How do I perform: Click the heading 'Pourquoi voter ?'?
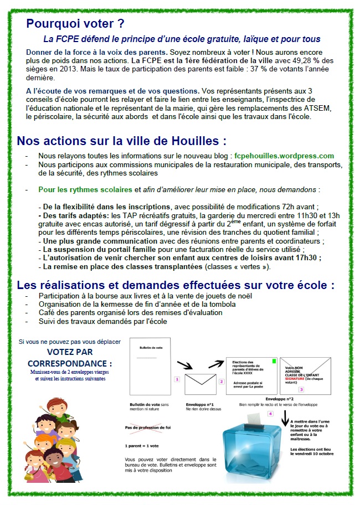coord(75,24)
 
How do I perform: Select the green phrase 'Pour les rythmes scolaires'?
coord(86,189)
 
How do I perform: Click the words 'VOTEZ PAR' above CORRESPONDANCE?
coord(70,352)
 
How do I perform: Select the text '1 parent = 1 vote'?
coord(142,445)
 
